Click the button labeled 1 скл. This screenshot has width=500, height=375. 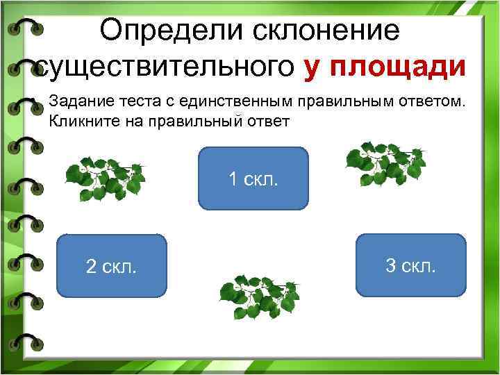click(253, 178)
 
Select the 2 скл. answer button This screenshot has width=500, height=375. click(111, 266)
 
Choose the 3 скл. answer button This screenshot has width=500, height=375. click(410, 265)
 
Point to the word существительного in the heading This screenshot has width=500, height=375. click(165, 67)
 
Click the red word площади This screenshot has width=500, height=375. click(399, 67)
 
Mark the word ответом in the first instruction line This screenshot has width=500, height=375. click(429, 102)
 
